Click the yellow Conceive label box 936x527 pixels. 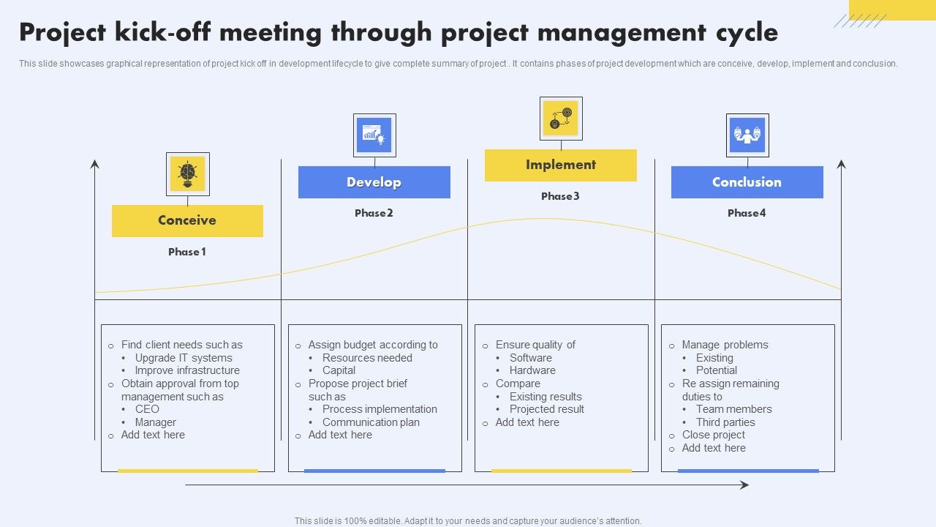187,220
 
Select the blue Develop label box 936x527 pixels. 374,182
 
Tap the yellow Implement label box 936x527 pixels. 560,165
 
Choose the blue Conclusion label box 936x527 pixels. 747,182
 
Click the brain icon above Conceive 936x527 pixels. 188,173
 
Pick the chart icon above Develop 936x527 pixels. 374,135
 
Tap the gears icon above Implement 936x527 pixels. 561,118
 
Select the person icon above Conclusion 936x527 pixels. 747,135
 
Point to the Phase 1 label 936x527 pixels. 187,252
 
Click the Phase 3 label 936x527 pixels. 560,196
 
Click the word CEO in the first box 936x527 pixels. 147,409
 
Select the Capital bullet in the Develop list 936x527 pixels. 339,370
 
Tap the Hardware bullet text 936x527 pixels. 532,370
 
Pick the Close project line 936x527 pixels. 713,435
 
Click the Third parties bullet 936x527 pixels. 725,422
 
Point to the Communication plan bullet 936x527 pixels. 371,422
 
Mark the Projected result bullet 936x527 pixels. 547,409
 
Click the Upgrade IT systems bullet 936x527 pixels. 184,358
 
